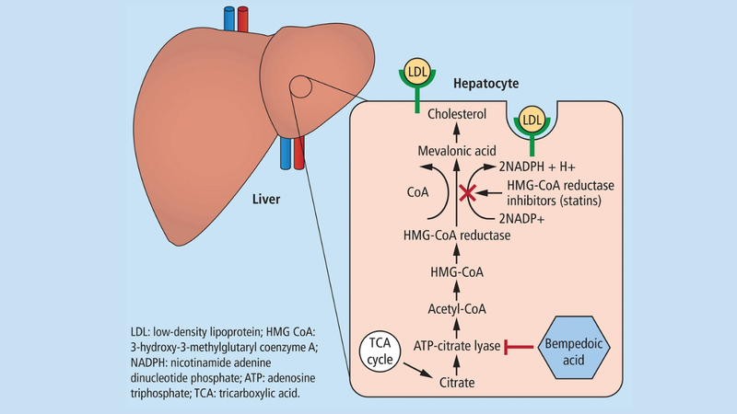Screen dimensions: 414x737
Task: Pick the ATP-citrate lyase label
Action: (455, 346)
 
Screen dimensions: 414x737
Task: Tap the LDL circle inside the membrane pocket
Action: (532, 121)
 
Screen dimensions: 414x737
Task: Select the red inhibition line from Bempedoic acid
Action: (524, 347)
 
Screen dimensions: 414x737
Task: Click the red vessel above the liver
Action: (243, 18)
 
